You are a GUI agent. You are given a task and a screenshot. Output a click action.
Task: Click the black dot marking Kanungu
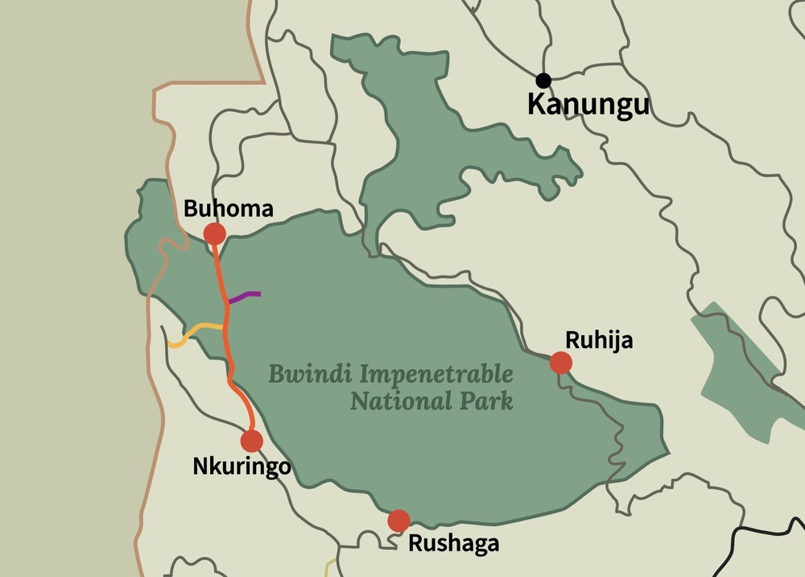click(543, 80)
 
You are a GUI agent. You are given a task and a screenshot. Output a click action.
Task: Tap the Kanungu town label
click(588, 104)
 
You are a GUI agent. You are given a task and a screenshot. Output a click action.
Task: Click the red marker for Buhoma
click(214, 234)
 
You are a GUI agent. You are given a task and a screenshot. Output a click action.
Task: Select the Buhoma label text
click(229, 209)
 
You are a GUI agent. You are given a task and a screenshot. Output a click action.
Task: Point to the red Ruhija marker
click(561, 363)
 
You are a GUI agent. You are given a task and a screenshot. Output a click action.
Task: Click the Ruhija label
click(599, 340)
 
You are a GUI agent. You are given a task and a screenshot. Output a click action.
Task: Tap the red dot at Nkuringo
click(252, 441)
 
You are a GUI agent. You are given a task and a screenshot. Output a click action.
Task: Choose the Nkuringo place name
click(242, 467)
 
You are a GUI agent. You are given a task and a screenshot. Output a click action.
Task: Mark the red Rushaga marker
click(398, 521)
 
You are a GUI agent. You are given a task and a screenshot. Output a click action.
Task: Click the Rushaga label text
click(453, 543)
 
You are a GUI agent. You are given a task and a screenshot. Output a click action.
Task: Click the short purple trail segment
click(246, 296)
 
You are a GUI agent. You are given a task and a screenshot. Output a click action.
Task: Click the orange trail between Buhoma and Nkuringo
click(227, 338)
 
